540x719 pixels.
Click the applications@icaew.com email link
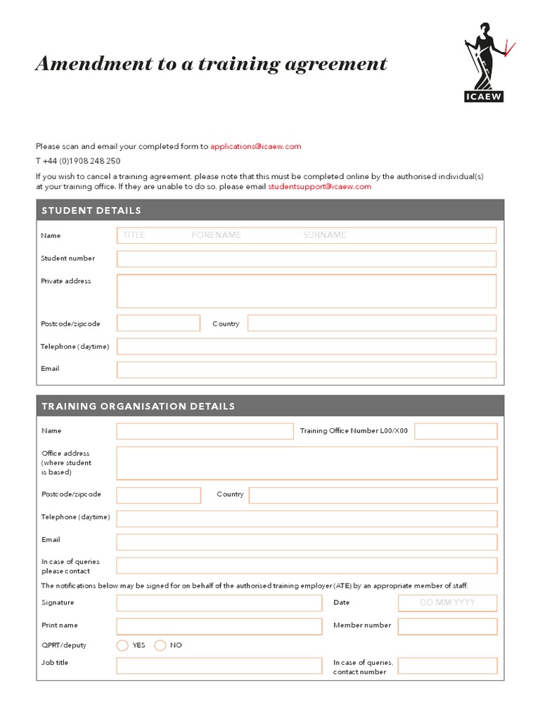[x=255, y=147]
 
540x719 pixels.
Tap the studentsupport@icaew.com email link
[x=319, y=187]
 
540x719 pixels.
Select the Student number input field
[x=306, y=258]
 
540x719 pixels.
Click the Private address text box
[x=306, y=291]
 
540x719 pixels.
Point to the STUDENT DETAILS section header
[x=91, y=211]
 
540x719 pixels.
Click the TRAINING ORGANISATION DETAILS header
[x=139, y=407]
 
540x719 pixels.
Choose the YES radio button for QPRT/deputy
[x=122, y=645]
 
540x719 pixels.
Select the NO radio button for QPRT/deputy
[x=160, y=645]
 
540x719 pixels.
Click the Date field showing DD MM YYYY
[x=447, y=603]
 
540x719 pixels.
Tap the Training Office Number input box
[x=455, y=431]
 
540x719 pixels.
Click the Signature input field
[x=219, y=603]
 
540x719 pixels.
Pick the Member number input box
[x=447, y=626]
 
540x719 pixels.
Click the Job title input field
[x=219, y=666]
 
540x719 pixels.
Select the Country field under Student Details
[x=371, y=324]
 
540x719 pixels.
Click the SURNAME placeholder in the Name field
[x=325, y=235]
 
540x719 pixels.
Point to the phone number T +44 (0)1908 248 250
[x=78, y=161]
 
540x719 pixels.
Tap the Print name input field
[x=219, y=626]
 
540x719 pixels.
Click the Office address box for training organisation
[x=306, y=463]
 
